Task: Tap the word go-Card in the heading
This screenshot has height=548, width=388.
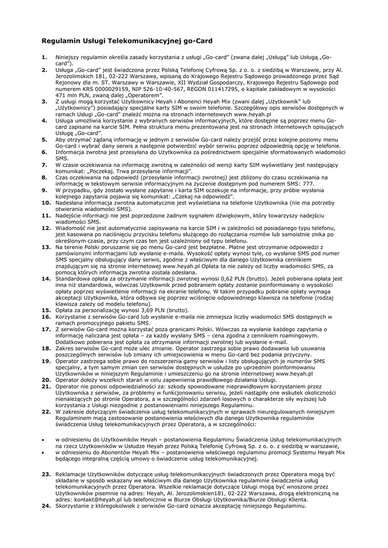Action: (197, 41)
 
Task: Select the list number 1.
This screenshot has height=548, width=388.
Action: (44, 57)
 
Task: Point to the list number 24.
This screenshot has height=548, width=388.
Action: (46, 506)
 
